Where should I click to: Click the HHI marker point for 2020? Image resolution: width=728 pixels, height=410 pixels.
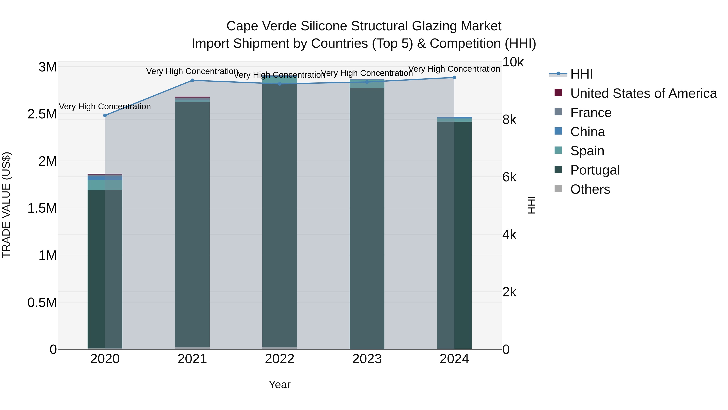click(105, 115)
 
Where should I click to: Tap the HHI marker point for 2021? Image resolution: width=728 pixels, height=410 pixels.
click(192, 80)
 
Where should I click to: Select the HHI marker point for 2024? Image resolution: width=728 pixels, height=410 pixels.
click(454, 78)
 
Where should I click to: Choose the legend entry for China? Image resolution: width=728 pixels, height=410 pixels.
click(587, 132)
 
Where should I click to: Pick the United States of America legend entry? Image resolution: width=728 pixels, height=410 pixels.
click(643, 93)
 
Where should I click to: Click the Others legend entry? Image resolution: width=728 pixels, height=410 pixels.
click(590, 189)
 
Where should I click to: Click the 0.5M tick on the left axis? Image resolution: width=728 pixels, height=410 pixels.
click(42, 302)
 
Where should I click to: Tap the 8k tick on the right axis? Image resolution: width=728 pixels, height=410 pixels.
click(509, 120)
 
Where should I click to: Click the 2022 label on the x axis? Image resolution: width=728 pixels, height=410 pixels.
click(279, 359)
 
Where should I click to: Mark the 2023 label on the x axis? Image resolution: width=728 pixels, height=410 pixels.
click(367, 359)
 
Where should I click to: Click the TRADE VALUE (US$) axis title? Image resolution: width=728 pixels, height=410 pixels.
click(6, 205)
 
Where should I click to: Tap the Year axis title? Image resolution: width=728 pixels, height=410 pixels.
click(279, 384)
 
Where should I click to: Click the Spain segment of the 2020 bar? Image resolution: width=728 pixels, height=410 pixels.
click(105, 185)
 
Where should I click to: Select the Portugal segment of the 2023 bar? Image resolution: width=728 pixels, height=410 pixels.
click(367, 218)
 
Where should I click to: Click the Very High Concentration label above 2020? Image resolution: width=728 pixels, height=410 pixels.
click(105, 107)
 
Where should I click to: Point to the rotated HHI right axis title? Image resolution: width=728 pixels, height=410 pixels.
click(531, 205)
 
